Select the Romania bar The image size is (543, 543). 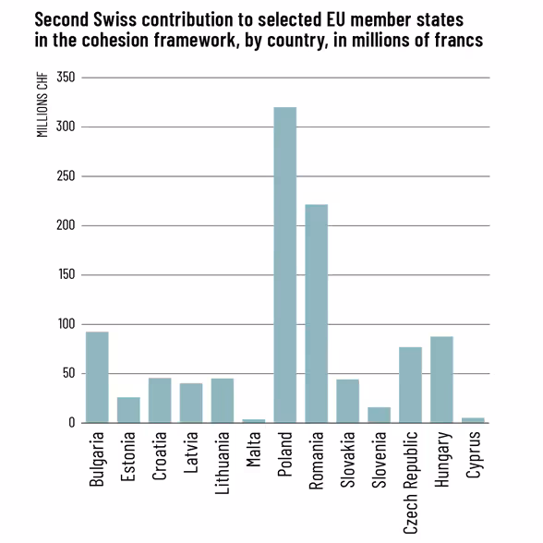[316, 313]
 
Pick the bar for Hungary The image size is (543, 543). [441, 380]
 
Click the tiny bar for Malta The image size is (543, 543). [254, 420]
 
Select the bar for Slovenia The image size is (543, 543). [379, 415]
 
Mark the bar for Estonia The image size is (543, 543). [128, 410]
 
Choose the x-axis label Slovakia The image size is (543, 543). [347, 462]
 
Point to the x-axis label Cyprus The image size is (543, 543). [473, 456]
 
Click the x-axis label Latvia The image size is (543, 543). [191, 454]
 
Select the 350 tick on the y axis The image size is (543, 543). [65, 78]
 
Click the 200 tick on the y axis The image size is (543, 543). [65, 225]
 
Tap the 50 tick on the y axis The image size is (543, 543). [67, 373]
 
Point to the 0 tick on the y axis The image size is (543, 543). [71, 423]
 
